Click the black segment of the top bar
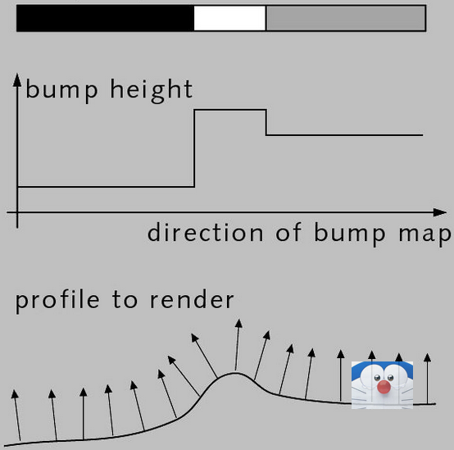(105, 18)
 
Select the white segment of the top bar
(230, 18)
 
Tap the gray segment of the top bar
(346, 18)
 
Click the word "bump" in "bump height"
(61, 89)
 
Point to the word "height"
(152, 90)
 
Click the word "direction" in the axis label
(206, 232)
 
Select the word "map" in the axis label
(425, 234)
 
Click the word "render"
(192, 300)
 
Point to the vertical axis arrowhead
(17, 80)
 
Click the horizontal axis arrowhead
(439, 212)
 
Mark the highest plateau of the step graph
(230, 110)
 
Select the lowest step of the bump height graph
(106, 187)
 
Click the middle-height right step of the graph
(344, 135)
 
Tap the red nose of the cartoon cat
(384, 387)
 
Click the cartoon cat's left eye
(377, 378)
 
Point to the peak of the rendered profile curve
(235, 374)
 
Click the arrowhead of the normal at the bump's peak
(238, 323)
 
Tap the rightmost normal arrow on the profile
(427, 379)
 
